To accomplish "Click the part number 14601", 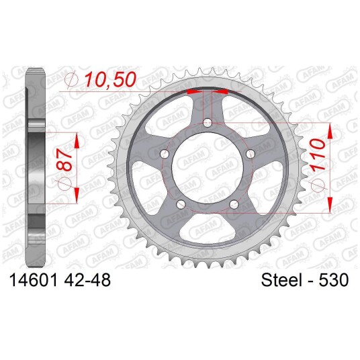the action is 34,280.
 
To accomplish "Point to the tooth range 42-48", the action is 87,280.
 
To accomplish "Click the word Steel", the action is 281,280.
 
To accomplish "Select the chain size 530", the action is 334,280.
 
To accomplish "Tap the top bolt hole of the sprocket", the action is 208,123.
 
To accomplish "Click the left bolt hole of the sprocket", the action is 165,154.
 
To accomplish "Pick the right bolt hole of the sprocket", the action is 251,154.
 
